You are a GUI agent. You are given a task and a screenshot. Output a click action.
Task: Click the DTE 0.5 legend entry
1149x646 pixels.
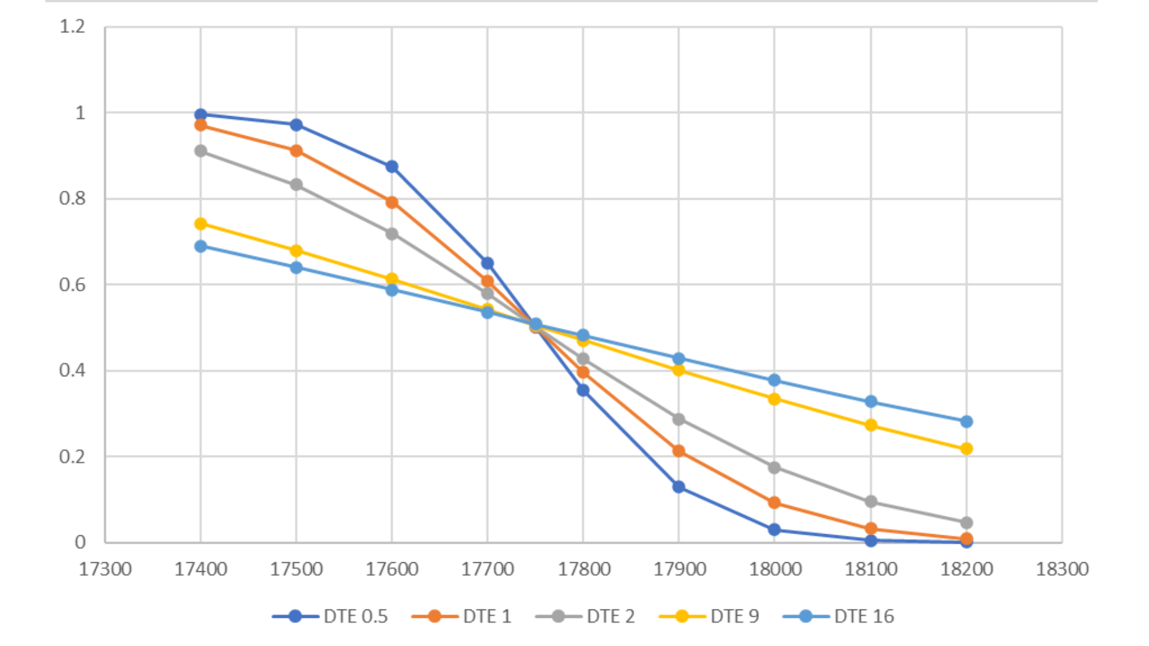pyautogui.click(x=330, y=616)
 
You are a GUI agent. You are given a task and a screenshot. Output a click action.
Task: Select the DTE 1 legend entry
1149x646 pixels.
pyautogui.click(x=462, y=616)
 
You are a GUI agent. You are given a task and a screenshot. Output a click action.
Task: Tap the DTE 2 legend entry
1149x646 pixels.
pyautogui.click(x=585, y=616)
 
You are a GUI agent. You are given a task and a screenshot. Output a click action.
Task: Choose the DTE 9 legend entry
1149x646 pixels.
pyautogui.click(x=709, y=616)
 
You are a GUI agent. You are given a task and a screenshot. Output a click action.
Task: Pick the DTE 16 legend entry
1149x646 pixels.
pyautogui.click(x=838, y=616)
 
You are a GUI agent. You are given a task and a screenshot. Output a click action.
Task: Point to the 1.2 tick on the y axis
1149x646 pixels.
pyautogui.click(x=72, y=26)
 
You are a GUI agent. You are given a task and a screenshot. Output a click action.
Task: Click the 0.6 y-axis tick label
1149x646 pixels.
pyautogui.click(x=72, y=285)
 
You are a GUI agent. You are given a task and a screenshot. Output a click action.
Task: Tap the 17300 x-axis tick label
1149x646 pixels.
pyautogui.click(x=105, y=569)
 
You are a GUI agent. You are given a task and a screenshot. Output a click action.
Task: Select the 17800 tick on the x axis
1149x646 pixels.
pyautogui.click(x=584, y=569)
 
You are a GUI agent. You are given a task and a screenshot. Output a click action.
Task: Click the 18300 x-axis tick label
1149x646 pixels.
pyautogui.click(x=1062, y=569)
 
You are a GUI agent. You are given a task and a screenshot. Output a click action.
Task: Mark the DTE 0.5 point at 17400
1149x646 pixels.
pyautogui.click(x=200, y=114)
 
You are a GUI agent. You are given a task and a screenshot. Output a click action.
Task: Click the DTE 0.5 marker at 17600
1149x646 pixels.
pyautogui.click(x=392, y=166)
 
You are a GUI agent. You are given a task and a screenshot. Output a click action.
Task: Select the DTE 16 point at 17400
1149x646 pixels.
pyautogui.click(x=200, y=246)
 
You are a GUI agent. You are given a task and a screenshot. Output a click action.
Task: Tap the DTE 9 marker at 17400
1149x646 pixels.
pyautogui.click(x=200, y=224)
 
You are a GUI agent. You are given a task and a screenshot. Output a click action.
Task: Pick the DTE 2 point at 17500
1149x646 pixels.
pyautogui.click(x=296, y=185)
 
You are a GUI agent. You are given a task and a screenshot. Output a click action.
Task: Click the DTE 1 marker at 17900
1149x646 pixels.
pyautogui.click(x=679, y=451)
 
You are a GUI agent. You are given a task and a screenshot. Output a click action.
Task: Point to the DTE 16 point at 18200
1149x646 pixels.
pyautogui.click(x=966, y=422)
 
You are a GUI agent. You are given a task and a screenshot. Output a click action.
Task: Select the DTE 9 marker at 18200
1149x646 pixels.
pyautogui.click(x=966, y=449)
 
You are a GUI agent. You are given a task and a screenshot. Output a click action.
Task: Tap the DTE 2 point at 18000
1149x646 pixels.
pyautogui.click(x=774, y=467)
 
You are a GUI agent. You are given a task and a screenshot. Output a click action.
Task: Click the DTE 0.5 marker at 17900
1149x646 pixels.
pyautogui.click(x=679, y=487)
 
